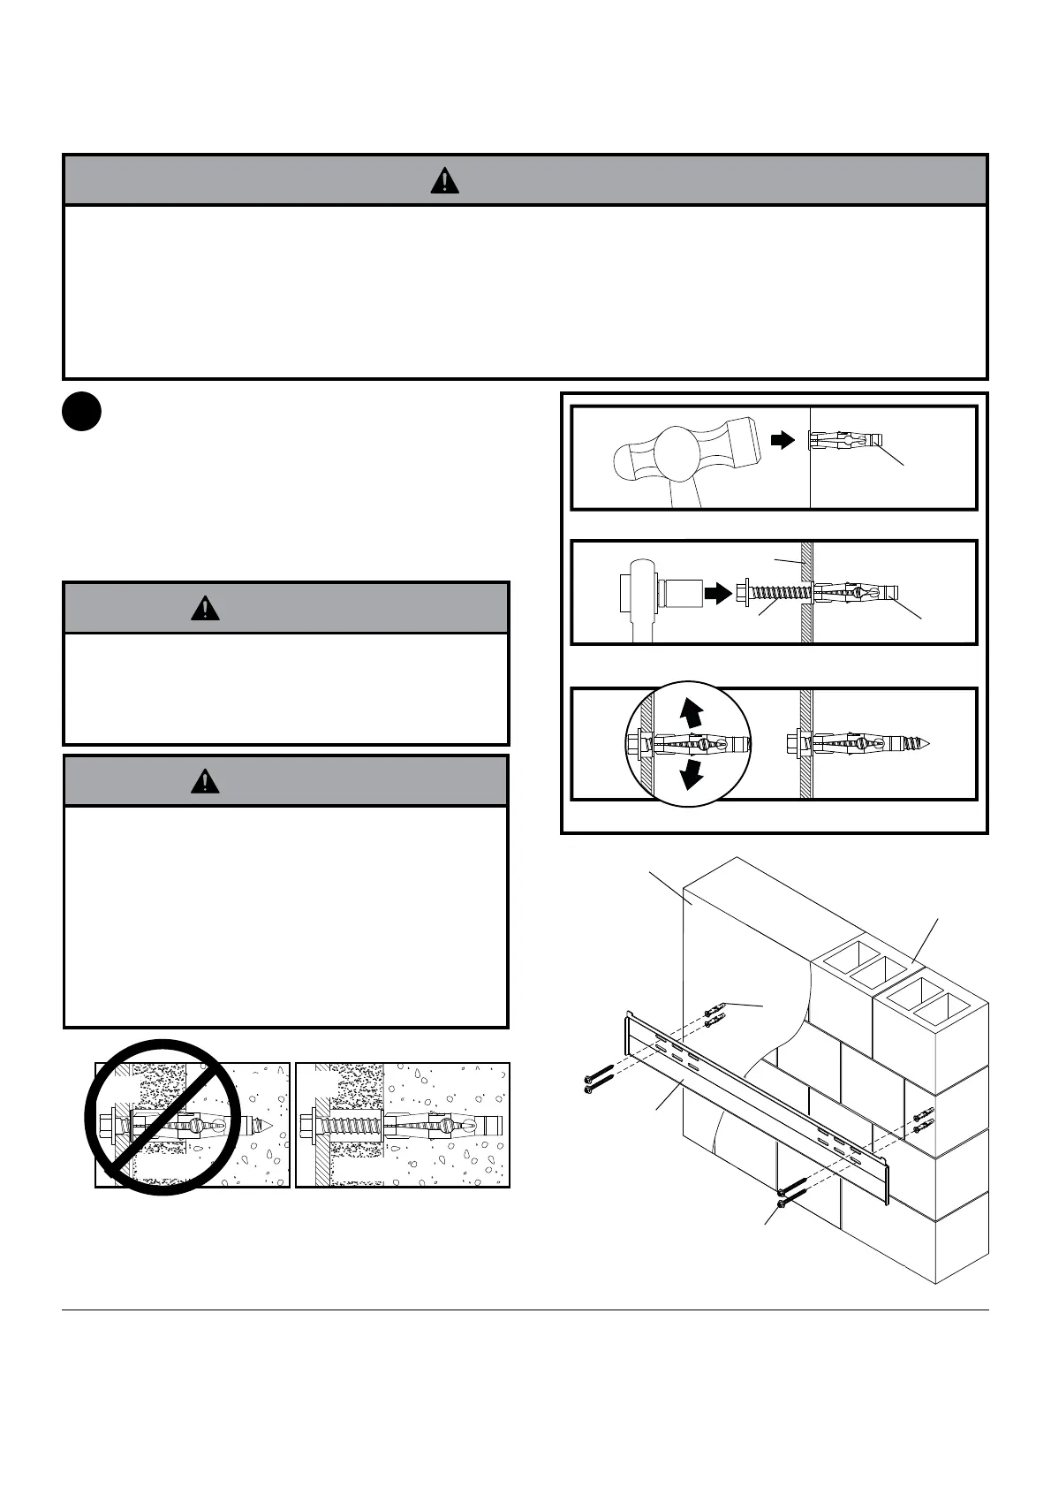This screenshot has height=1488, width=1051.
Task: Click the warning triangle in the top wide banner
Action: tap(444, 180)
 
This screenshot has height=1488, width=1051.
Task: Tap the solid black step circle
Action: tap(81, 413)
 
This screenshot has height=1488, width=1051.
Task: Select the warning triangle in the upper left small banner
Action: tap(205, 608)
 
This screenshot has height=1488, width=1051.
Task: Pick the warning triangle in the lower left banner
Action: tap(205, 781)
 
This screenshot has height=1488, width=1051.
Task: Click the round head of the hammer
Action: tap(681, 456)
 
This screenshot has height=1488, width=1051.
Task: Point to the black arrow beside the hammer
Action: tap(783, 440)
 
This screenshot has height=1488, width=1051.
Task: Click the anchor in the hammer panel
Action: tap(845, 439)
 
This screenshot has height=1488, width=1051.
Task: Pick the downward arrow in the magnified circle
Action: tap(693, 775)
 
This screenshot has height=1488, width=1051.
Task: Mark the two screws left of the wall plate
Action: tap(598, 1077)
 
